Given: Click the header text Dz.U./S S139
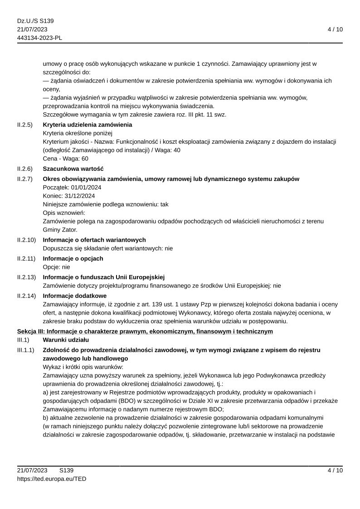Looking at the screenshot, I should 35,21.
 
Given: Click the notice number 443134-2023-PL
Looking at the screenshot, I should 39,38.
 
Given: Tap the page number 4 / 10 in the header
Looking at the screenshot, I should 335,29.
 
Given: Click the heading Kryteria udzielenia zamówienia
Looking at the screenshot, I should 87,125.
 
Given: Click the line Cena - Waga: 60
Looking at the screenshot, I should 65,159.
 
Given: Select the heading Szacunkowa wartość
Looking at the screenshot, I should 73,169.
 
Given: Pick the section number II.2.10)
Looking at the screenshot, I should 26,240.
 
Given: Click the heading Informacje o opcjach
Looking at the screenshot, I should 73,258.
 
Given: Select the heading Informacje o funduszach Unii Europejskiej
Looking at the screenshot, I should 103,277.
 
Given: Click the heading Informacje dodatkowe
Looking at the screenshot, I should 74,296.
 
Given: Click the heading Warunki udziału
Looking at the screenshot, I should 66,339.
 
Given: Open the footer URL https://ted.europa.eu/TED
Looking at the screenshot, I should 52,479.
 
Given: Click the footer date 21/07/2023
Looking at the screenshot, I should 32,470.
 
